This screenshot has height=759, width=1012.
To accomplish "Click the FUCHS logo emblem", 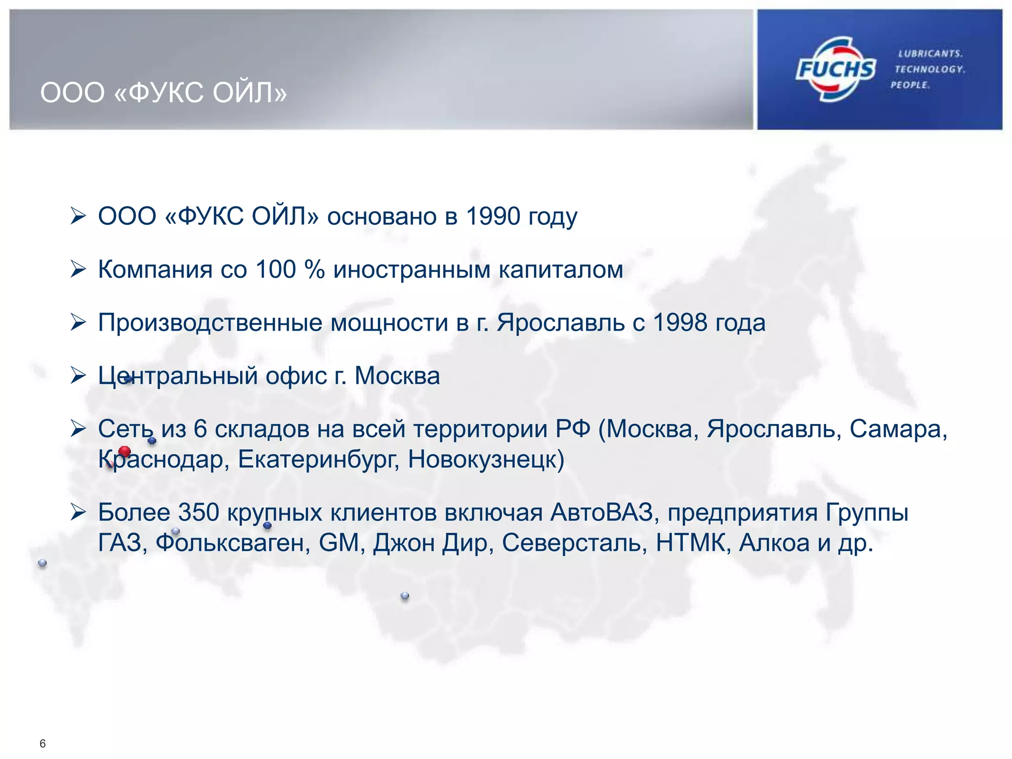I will click(835, 69).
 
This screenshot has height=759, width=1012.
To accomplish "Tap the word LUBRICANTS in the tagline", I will click(930, 53).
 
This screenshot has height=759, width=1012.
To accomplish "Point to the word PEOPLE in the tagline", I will click(910, 85).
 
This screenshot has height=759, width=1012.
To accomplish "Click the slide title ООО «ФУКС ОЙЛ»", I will click(164, 93).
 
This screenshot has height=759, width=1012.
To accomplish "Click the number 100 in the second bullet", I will click(276, 270).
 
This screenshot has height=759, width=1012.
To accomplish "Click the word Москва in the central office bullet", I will click(397, 376).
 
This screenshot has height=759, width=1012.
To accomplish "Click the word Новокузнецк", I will click(486, 460).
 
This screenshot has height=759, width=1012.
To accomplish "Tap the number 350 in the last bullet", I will click(198, 512).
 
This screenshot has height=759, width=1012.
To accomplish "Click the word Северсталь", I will click(574, 543).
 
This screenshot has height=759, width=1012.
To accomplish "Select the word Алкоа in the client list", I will click(774, 543).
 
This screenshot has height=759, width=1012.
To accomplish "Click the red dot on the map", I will click(125, 451).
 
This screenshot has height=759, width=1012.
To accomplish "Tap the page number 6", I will click(42, 744).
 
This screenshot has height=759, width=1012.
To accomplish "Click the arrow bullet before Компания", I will click(78, 269).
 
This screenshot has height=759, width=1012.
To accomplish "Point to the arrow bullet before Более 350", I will click(78, 512).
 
